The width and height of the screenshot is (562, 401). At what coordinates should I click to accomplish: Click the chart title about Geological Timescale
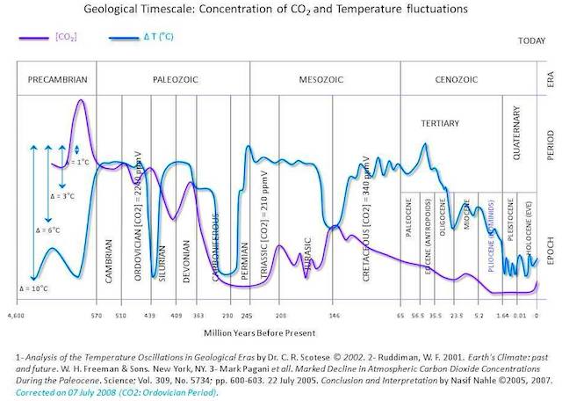(280, 11)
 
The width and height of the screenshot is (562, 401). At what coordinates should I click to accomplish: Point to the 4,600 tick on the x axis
(15, 313)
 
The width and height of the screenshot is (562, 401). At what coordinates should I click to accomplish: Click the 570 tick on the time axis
(97, 313)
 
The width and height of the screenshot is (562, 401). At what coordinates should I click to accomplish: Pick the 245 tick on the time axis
(247, 313)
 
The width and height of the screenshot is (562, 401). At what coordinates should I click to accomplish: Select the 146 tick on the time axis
(334, 313)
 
